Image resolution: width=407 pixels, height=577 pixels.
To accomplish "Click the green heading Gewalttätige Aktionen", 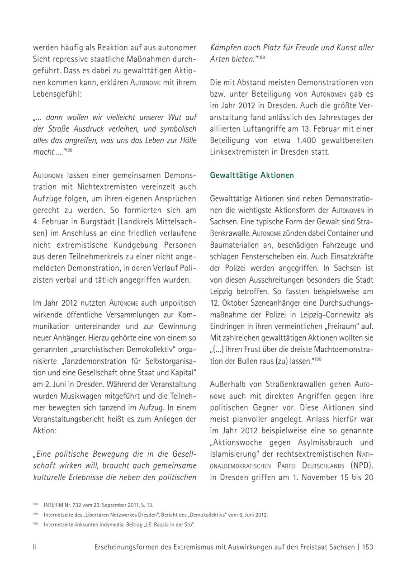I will click(252, 175).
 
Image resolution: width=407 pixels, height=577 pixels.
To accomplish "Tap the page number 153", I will click(368, 547).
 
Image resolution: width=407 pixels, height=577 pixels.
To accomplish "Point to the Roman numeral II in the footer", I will click(35, 547).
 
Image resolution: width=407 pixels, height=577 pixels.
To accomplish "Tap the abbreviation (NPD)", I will click(361, 465).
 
